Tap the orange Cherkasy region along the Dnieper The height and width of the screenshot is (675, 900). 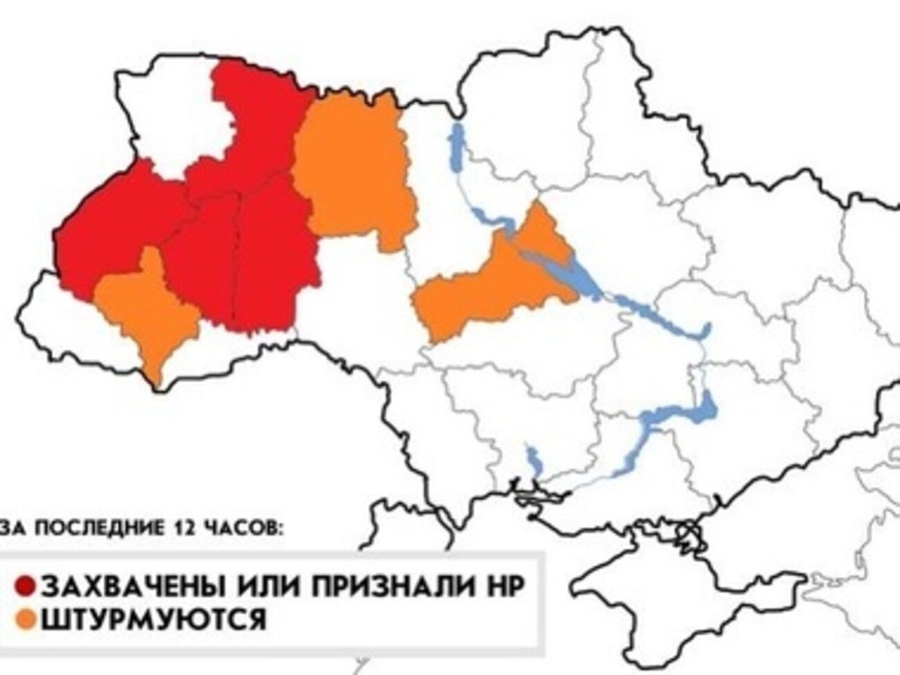495,284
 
